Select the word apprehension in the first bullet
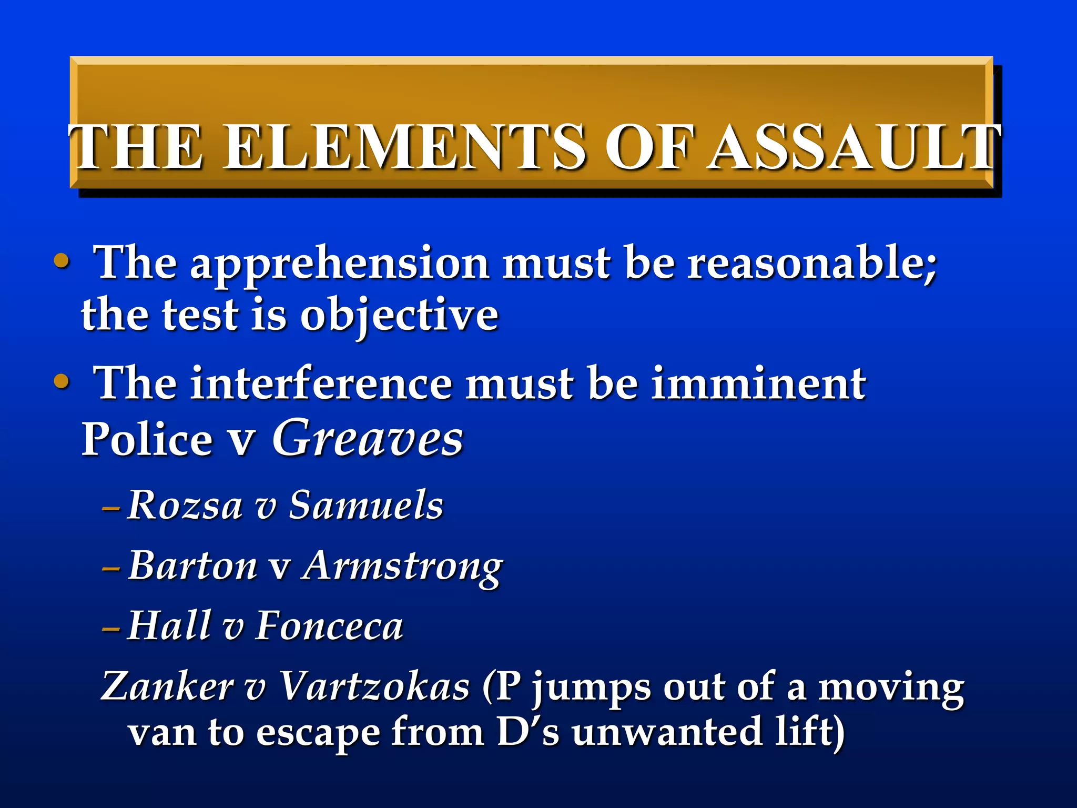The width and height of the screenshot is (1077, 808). click(x=339, y=264)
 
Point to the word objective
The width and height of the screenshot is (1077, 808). click(x=399, y=317)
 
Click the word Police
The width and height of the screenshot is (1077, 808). click(x=147, y=439)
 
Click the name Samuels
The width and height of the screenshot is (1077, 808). click(x=366, y=505)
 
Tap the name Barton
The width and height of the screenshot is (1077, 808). click(x=192, y=566)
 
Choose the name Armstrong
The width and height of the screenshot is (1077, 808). click(x=402, y=567)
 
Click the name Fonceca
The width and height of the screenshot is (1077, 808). click(x=329, y=626)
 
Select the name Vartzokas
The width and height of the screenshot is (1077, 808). click(x=374, y=686)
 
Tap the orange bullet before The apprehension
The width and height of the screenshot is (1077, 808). click(x=62, y=261)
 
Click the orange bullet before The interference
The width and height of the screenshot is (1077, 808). click(x=62, y=381)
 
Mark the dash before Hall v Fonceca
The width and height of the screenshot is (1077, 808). click(x=111, y=629)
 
